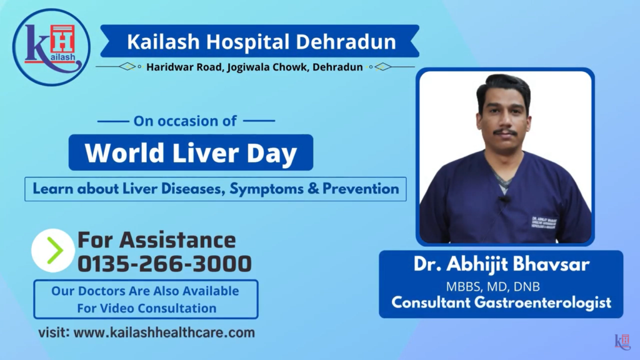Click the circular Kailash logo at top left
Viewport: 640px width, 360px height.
[51, 47]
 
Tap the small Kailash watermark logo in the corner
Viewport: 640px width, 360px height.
[622, 341]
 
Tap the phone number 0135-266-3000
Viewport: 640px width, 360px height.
[164, 264]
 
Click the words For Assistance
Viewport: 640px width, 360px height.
[156, 240]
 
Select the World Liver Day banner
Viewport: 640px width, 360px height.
[191, 152]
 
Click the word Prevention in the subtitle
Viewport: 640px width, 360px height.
[361, 189]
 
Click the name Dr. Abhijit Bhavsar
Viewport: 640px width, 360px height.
[501, 264]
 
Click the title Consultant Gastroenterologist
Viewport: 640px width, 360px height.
[501, 303]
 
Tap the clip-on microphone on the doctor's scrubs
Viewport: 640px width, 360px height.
[504, 200]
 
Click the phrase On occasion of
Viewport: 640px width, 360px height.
[185, 121]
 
